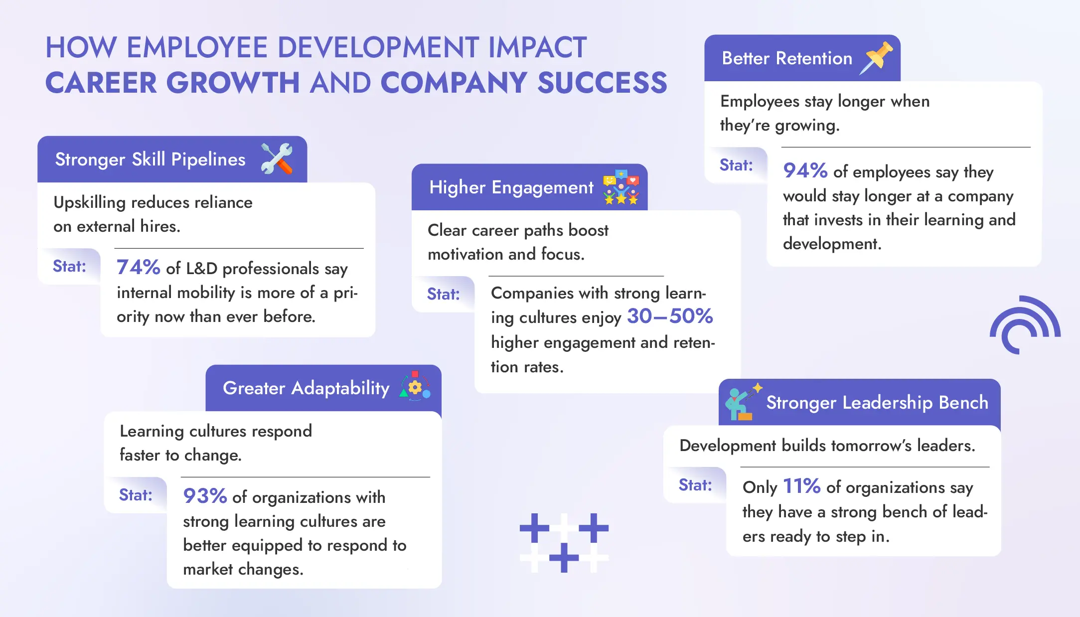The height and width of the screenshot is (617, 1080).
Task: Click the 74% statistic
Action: pos(138,267)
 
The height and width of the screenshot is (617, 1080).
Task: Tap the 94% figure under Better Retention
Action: pos(805,170)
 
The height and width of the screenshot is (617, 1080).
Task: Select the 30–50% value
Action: pos(670,316)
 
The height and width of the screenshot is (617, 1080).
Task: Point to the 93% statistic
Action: pos(205,496)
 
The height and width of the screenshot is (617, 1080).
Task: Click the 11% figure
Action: pos(801,486)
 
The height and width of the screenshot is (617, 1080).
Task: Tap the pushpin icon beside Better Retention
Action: pos(876,58)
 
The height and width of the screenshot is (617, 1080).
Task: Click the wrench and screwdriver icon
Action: pos(277,158)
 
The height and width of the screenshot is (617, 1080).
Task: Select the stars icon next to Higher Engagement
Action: pos(620,187)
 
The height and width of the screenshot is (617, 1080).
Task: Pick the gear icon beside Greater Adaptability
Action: pos(415,387)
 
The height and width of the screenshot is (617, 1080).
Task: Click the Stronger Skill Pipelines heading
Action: pos(150,159)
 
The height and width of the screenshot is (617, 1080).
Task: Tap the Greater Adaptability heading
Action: pos(306,388)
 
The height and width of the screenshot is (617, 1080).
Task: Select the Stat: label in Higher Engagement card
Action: pos(443,294)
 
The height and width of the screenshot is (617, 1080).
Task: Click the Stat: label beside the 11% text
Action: pos(695,485)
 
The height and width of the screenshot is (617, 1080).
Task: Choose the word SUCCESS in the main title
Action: pos(602,83)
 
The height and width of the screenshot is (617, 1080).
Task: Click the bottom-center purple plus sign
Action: pos(564,557)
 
